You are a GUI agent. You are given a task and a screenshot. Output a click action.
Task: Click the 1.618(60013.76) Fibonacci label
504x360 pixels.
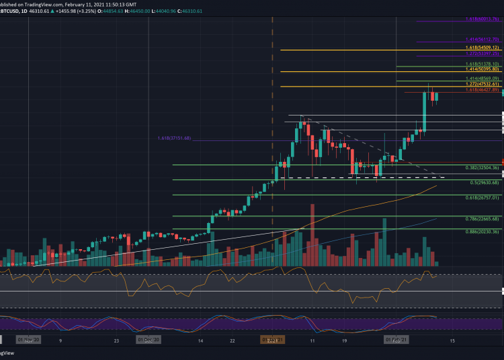(482, 19)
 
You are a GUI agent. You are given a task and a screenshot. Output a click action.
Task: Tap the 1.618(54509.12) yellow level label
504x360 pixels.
(482, 48)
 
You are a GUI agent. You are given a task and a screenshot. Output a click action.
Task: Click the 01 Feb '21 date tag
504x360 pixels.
(396, 340)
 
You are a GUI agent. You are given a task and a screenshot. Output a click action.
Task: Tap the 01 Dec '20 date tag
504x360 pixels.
(149, 340)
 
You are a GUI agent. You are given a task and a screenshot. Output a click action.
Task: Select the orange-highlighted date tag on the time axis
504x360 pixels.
(271, 340)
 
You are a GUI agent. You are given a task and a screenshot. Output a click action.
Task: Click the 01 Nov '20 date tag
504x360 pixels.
(29, 340)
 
